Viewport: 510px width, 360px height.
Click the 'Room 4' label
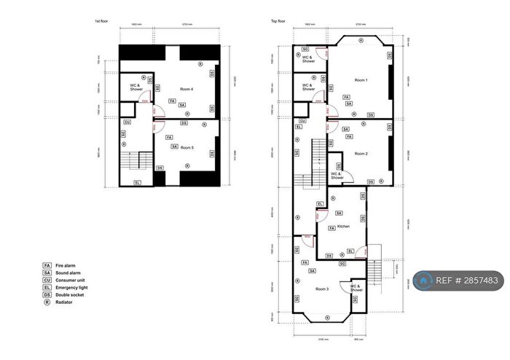(186, 89)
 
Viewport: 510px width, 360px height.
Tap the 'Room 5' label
(188, 136)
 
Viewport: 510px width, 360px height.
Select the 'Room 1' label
(361, 79)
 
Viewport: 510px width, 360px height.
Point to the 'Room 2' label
(361, 154)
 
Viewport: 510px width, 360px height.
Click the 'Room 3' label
(322, 289)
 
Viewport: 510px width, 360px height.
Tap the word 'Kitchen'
(342, 226)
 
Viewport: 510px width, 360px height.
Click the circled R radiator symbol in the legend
(47, 302)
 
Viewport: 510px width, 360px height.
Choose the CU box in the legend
(47, 280)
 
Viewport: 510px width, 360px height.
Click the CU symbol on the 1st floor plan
(127, 122)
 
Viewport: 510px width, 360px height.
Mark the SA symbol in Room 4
(182, 105)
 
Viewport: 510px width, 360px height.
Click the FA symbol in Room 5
(169, 137)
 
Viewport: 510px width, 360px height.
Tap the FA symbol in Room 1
(346, 97)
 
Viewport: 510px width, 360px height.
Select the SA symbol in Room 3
(312, 271)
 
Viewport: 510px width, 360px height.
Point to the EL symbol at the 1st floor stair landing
(138, 182)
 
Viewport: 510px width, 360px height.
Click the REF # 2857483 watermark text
(466, 280)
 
